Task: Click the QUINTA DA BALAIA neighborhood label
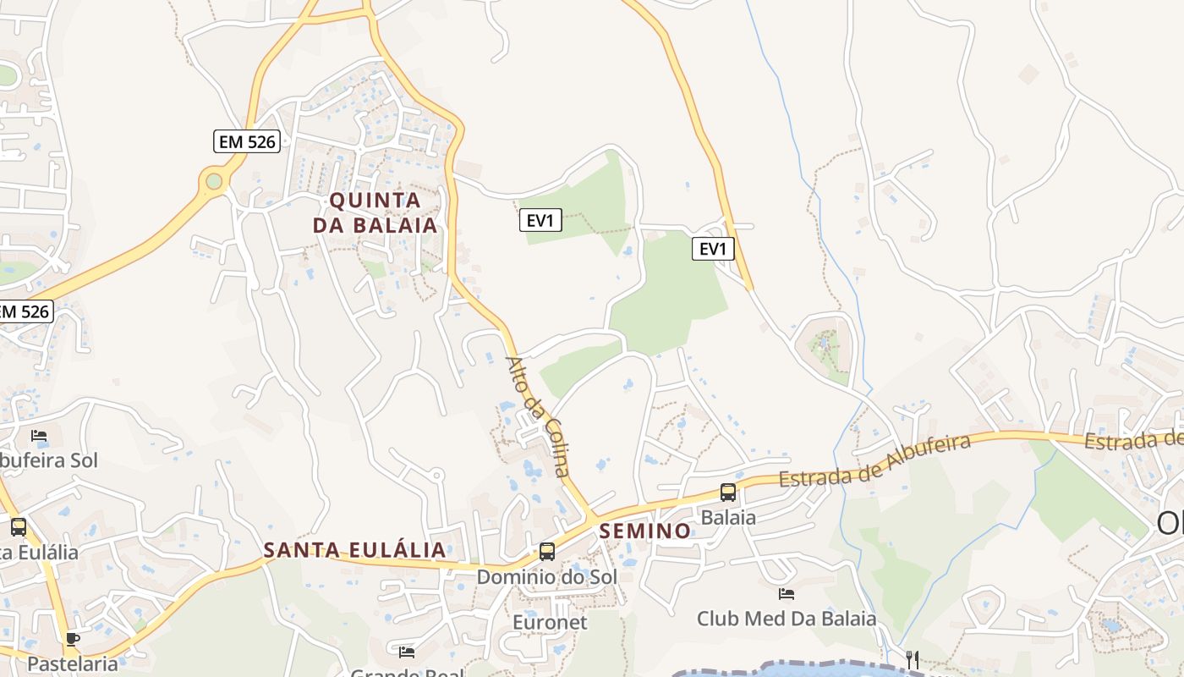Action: (x=375, y=212)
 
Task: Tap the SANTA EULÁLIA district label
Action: (x=354, y=549)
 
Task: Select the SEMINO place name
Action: (x=644, y=531)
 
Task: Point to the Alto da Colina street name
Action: (x=538, y=416)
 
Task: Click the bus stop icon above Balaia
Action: (x=727, y=493)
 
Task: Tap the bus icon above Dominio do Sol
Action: (x=547, y=552)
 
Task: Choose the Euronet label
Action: (x=551, y=622)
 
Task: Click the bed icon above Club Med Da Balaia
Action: (x=787, y=594)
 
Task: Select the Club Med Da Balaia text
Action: (x=787, y=619)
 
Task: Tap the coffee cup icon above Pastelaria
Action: (x=73, y=639)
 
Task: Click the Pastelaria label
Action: (x=73, y=663)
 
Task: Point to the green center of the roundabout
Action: (x=213, y=180)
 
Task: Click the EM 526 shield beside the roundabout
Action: (x=247, y=141)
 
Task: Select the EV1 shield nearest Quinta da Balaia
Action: (x=540, y=221)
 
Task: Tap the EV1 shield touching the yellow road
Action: (x=714, y=249)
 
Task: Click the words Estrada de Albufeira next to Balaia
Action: (x=874, y=462)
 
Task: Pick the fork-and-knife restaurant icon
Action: (x=912, y=659)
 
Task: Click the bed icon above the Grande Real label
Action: (x=407, y=652)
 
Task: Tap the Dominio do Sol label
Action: (x=547, y=576)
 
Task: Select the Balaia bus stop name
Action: (x=727, y=517)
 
